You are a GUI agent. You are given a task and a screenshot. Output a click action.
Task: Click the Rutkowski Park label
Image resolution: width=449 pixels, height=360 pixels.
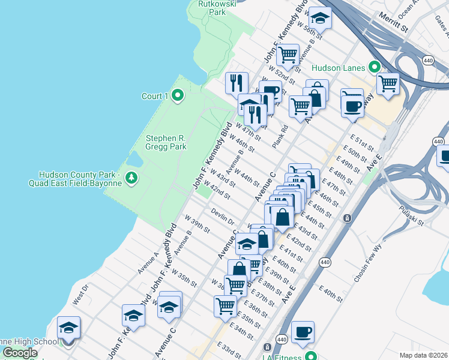217,8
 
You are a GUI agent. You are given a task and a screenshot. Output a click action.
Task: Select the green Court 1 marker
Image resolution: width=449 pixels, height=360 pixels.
178,95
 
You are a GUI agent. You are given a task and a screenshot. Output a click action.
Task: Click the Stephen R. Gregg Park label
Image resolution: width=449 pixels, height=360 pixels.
166,142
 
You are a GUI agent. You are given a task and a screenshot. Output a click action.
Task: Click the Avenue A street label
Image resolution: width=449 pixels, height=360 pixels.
147,263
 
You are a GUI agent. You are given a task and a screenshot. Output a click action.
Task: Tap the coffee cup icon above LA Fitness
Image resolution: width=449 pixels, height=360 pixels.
303,332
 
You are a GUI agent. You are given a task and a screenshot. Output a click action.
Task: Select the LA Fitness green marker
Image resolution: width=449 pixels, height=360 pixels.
311,356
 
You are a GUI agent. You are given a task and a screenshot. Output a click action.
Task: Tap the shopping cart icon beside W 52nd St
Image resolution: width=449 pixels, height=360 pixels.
288,55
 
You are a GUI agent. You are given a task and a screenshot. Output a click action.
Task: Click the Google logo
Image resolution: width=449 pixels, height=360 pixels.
19,353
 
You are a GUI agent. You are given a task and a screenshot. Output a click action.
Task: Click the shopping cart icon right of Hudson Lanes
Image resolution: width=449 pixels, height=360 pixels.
388,83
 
